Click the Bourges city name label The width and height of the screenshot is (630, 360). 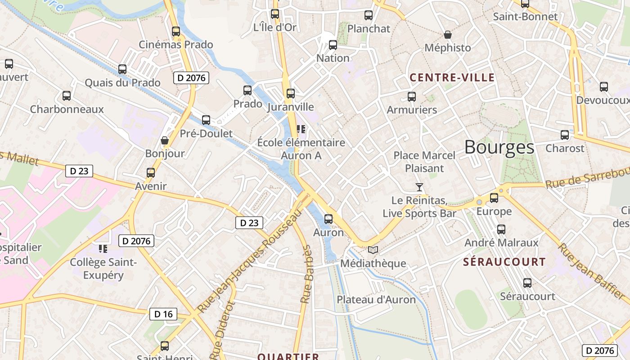(x=499, y=147)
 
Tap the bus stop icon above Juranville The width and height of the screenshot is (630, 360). (x=291, y=94)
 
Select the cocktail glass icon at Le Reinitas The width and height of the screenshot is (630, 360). (x=419, y=187)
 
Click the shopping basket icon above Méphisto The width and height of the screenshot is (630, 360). (x=448, y=35)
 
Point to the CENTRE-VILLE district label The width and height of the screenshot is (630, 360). (x=452, y=78)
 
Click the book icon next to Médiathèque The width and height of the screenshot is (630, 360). (x=373, y=250)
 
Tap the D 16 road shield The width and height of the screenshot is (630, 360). (x=163, y=314)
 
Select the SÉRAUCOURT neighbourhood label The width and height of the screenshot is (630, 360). (x=504, y=262)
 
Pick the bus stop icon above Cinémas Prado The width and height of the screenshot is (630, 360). (x=176, y=31)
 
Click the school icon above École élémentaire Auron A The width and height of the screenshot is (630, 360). (x=301, y=130)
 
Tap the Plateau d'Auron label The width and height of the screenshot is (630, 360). (x=376, y=300)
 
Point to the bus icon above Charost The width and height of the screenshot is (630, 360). (x=565, y=135)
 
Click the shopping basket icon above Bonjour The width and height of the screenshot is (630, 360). (x=165, y=141)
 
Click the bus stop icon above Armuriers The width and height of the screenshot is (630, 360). (x=411, y=96)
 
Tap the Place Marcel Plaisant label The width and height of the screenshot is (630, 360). (x=424, y=162)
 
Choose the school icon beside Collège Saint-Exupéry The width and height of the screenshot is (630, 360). (x=103, y=248)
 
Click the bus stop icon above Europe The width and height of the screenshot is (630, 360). (x=494, y=198)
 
